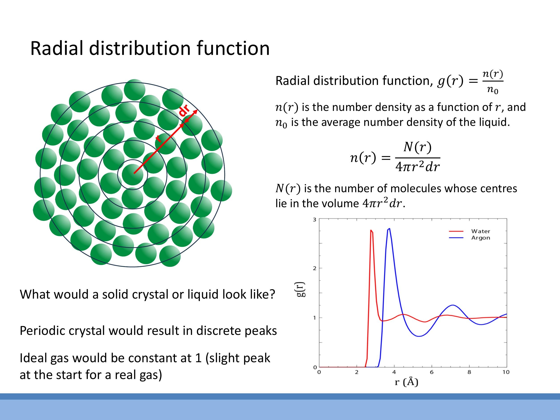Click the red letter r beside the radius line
(x=158, y=138)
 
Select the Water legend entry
(x=480, y=231)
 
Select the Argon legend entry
(x=480, y=238)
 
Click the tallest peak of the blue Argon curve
(x=389, y=229)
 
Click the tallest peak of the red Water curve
(x=371, y=230)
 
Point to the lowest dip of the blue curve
(x=419, y=336)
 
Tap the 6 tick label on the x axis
(x=432, y=372)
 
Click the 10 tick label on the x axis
(x=506, y=372)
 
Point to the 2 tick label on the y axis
(x=314, y=268)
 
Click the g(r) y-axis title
(x=301, y=289)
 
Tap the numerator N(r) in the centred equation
(x=418, y=147)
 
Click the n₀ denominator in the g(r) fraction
(x=493, y=90)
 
